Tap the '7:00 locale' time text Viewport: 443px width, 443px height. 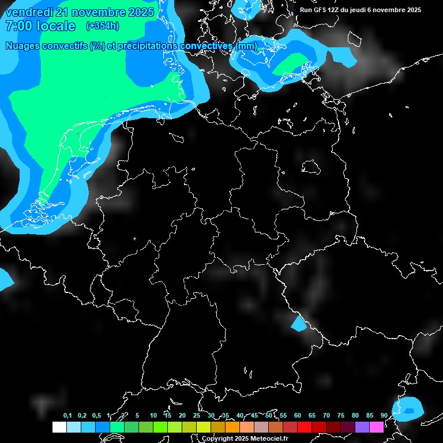point(40,26)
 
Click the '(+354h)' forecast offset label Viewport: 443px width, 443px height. point(102,25)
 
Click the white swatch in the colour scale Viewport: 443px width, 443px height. point(59,427)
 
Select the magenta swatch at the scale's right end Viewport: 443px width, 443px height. point(377,427)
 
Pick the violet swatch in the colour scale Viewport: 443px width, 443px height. point(362,427)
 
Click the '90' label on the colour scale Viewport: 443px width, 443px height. point(384,415)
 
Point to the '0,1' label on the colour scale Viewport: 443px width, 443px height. point(67,415)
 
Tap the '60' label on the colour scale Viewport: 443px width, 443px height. point(298,415)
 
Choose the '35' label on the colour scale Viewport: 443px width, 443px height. point(226,415)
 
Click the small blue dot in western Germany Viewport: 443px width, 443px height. point(134,238)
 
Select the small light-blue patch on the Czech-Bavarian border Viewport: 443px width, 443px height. point(299,324)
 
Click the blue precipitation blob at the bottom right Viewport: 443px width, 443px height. point(408,408)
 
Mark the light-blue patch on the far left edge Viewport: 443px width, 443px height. point(5,279)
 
